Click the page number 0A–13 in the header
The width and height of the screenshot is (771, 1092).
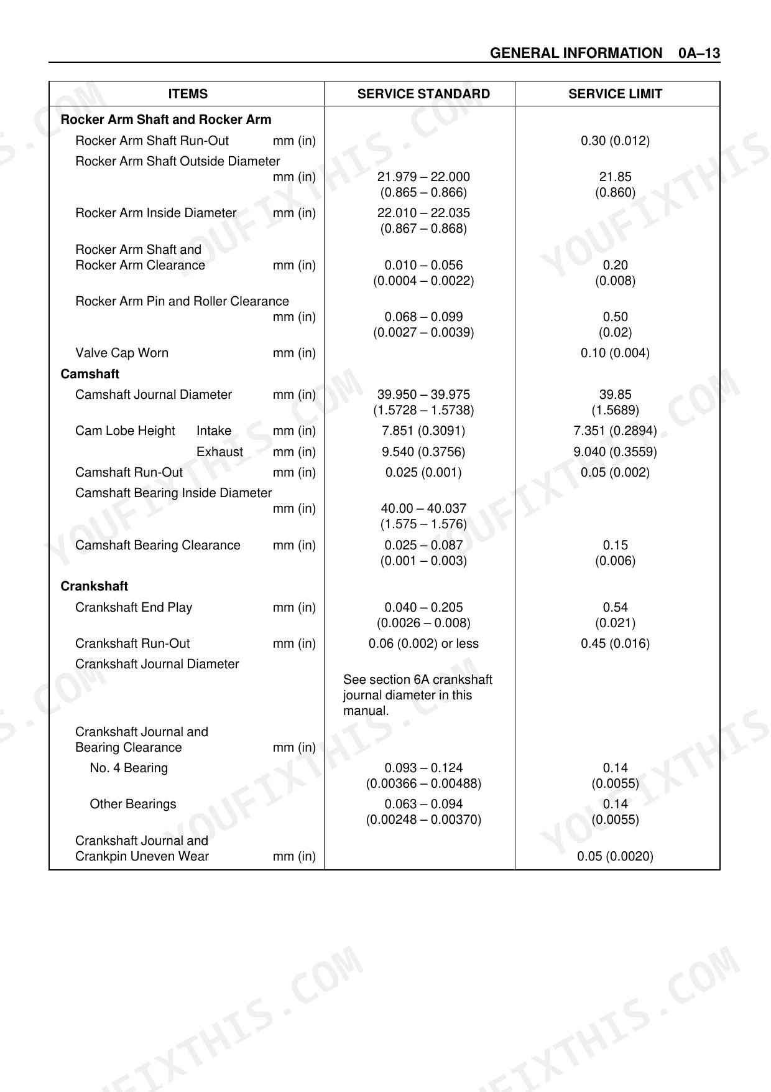coord(699,54)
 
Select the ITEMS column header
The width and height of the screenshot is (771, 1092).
coord(188,94)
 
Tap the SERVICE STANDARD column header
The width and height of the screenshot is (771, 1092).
coord(423,94)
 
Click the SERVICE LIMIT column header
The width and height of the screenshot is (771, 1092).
coord(615,94)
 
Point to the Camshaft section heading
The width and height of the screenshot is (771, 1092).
coord(90,374)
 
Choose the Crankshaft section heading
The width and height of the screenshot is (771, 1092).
coord(94,586)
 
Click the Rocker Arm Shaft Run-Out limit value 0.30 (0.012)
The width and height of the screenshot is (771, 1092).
coord(615,141)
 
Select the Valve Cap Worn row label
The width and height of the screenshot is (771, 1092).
coord(122,353)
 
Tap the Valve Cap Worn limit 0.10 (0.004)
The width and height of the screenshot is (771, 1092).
coord(615,353)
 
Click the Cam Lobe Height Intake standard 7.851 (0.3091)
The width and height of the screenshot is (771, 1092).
coord(423,431)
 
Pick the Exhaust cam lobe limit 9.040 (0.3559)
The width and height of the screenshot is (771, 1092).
coord(615,452)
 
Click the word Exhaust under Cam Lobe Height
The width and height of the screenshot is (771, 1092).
coord(219,452)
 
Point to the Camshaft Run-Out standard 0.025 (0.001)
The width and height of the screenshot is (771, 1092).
coord(423,472)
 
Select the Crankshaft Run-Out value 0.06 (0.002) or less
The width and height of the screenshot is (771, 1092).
coord(423,643)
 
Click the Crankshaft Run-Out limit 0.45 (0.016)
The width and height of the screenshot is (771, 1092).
coord(615,643)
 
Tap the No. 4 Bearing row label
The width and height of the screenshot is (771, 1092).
coord(129,768)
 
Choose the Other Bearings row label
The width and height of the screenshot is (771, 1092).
coord(133,804)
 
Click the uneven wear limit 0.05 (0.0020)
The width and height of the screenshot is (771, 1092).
coord(615,856)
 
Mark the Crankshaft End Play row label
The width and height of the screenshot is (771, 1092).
coord(134,607)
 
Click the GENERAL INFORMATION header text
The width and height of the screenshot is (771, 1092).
coord(576,54)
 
